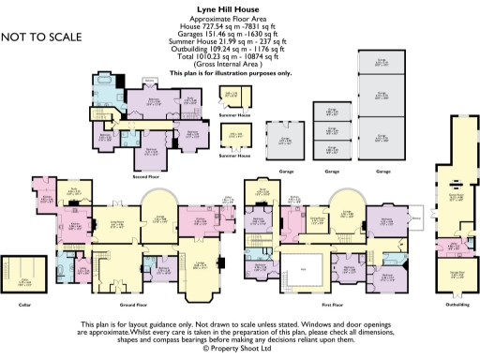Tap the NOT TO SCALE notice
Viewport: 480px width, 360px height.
(41, 37)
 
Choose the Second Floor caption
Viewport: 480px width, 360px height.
(143, 175)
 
